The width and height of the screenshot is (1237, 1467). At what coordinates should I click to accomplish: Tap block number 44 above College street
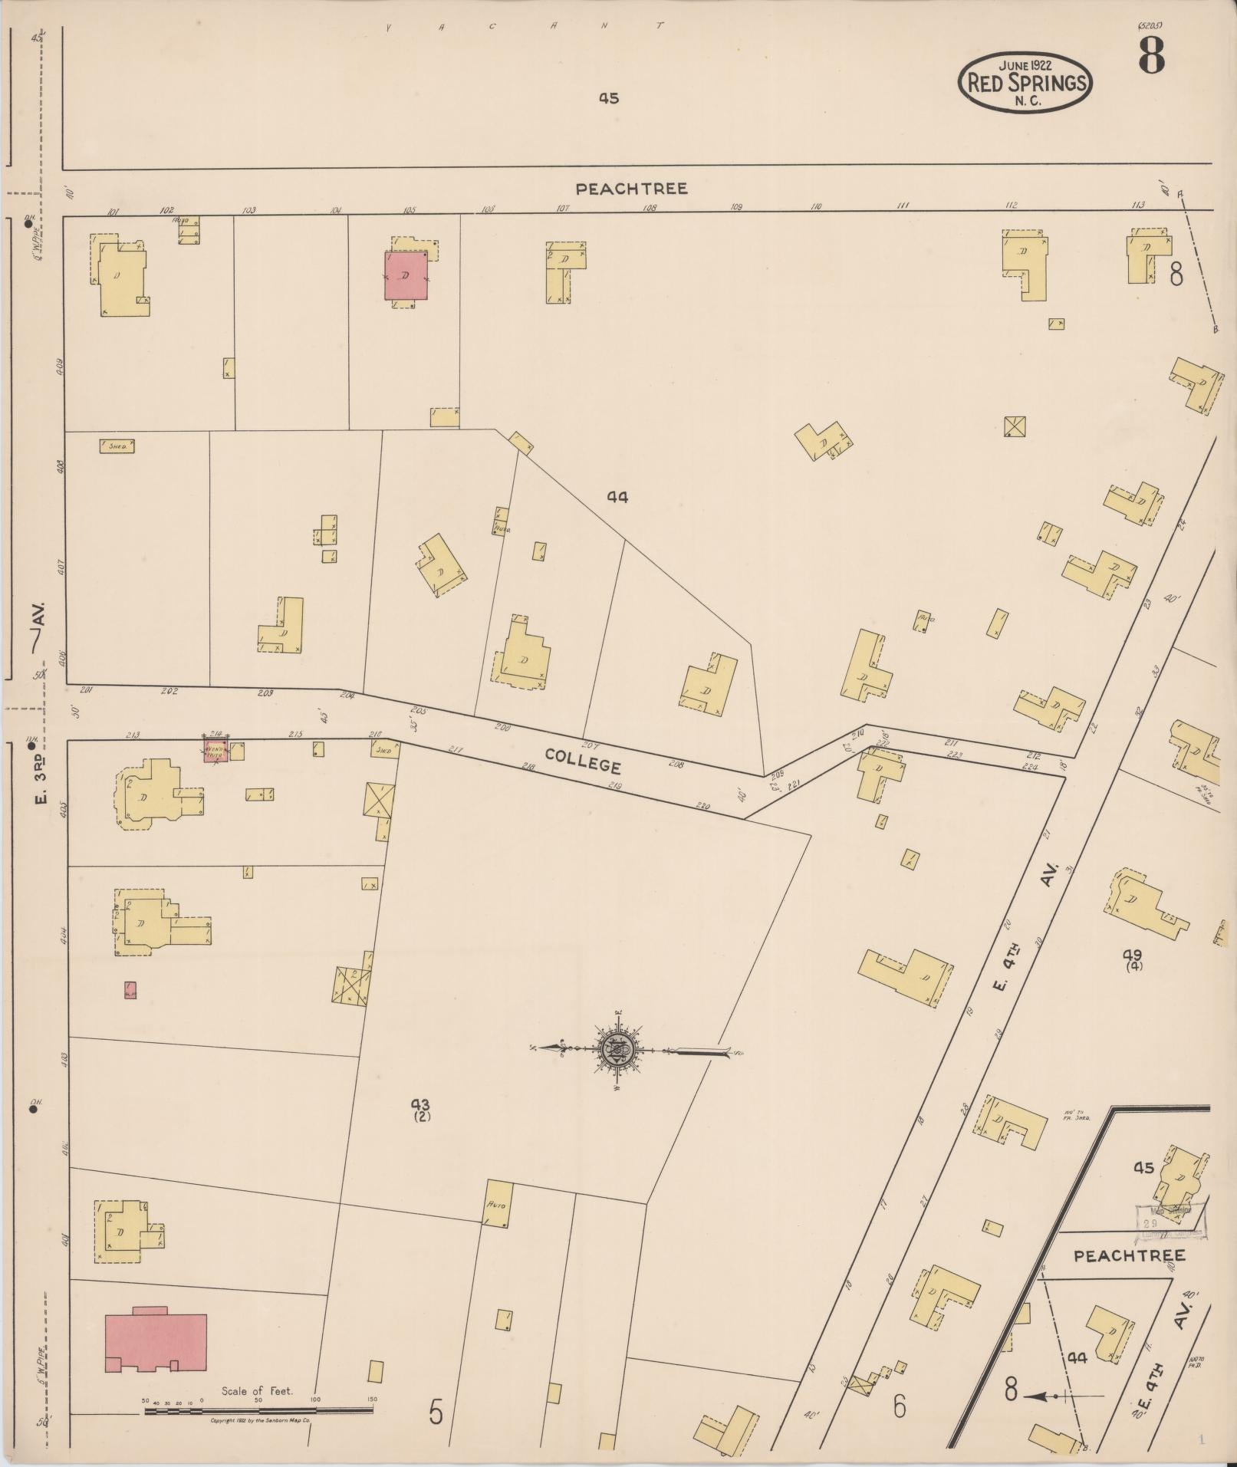[x=617, y=497]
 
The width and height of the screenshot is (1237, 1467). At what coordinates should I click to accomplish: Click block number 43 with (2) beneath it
[x=419, y=1109]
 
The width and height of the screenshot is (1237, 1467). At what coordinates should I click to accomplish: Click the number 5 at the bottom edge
[x=436, y=1412]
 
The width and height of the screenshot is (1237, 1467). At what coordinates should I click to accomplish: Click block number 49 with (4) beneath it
[x=1133, y=959]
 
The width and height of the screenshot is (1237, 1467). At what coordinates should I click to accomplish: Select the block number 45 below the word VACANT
[x=609, y=98]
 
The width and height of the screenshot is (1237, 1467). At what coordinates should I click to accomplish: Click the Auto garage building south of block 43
[x=497, y=1205]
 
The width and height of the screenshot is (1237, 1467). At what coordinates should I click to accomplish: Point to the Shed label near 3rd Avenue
[x=117, y=445]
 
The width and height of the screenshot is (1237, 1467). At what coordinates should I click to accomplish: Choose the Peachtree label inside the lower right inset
[x=1129, y=1256]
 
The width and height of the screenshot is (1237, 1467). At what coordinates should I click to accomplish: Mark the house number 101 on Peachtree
[x=114, y=212]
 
